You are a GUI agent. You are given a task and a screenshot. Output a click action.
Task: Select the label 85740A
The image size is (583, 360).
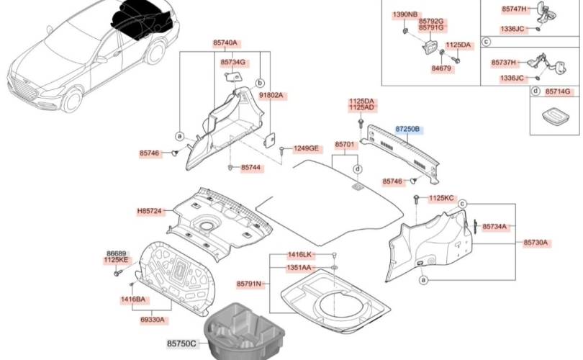[225, 43]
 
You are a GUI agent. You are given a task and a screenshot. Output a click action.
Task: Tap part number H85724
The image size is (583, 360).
[151, 212]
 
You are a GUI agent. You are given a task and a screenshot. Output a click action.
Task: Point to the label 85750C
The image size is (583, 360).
[182, 344]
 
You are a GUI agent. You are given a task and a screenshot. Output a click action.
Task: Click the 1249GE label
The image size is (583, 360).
[304, 148]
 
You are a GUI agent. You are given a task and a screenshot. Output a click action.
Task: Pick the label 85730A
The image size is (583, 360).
[535, 243]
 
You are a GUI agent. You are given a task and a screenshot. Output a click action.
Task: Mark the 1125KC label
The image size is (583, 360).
[441, 197]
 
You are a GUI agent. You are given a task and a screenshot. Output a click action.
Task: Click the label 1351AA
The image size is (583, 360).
[299, 268]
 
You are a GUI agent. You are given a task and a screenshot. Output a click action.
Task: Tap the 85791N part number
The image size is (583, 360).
[248, 284]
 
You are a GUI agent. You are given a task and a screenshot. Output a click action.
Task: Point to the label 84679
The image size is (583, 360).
[441, 68]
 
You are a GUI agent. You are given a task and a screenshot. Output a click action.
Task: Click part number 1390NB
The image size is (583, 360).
[405, 15]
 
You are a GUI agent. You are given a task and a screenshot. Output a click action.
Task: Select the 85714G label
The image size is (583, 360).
[557, 91]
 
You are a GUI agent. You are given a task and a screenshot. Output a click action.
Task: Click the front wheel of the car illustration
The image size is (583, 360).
[73, 99]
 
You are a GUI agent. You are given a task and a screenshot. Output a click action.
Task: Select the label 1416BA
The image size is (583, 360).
[132, 298]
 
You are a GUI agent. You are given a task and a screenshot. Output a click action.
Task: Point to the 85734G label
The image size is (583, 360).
[233, 63]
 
